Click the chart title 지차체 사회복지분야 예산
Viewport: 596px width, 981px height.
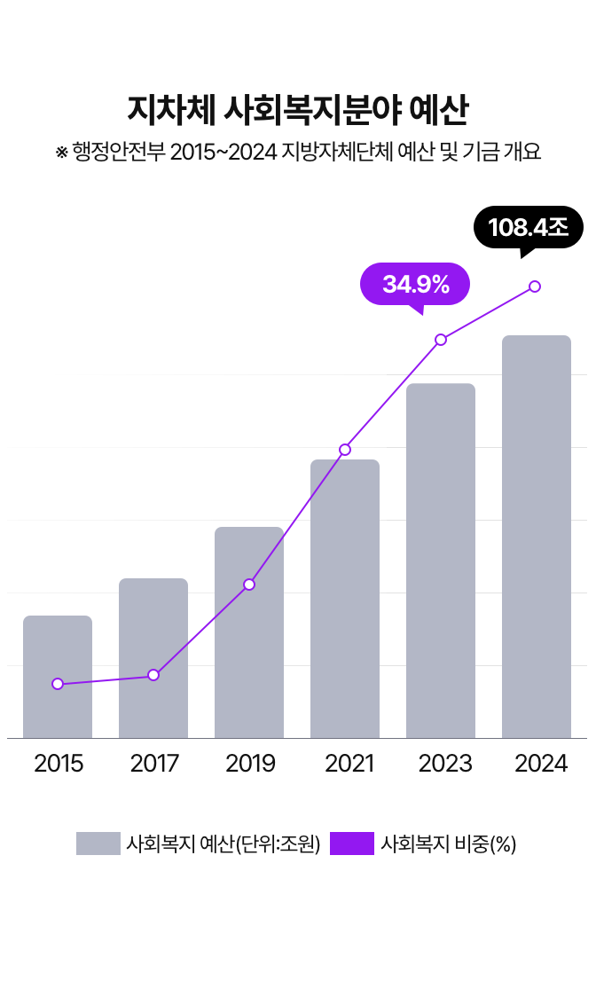tap(298, 111)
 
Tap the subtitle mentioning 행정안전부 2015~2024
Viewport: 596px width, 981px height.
tap(298, 152)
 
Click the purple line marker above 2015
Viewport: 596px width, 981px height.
tap(58, 684)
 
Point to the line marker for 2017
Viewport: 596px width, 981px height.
tap(153, 675)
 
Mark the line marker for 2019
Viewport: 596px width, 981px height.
tap(249, 585)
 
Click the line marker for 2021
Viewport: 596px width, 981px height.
tap(345, 450)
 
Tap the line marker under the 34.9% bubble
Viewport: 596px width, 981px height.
tap(440, 340)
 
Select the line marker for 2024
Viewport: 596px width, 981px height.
tap(535, 286)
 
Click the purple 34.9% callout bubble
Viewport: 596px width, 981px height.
tap(415, 284)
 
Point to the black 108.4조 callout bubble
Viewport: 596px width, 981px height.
tap(528, 227)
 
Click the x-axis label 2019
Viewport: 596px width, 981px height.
tap(250, 763)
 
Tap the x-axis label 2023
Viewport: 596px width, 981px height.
tap(445, 763)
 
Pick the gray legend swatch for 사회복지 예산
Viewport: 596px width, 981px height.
tap(98, 844)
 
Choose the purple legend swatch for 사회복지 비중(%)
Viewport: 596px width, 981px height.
tap(351, 844)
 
